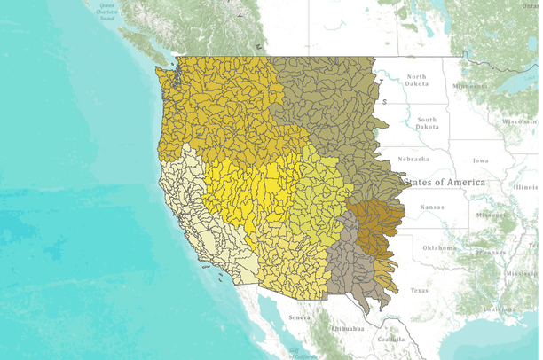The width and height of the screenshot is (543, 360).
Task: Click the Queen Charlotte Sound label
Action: pos(107,10)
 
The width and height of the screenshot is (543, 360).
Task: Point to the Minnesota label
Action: pos(470,86)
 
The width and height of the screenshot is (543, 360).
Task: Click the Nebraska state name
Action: pos(413,159)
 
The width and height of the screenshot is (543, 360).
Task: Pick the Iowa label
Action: pos(480,160)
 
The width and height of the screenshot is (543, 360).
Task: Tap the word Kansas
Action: pos(432,207)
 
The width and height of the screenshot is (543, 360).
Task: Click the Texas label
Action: pos(419,290)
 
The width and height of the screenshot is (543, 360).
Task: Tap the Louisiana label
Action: pos(496,309)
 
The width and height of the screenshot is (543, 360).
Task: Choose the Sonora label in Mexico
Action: pos(298,317)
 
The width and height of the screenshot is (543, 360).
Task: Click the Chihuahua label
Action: pos(347,329)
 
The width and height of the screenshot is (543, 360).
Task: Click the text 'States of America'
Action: pos(445,182)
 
